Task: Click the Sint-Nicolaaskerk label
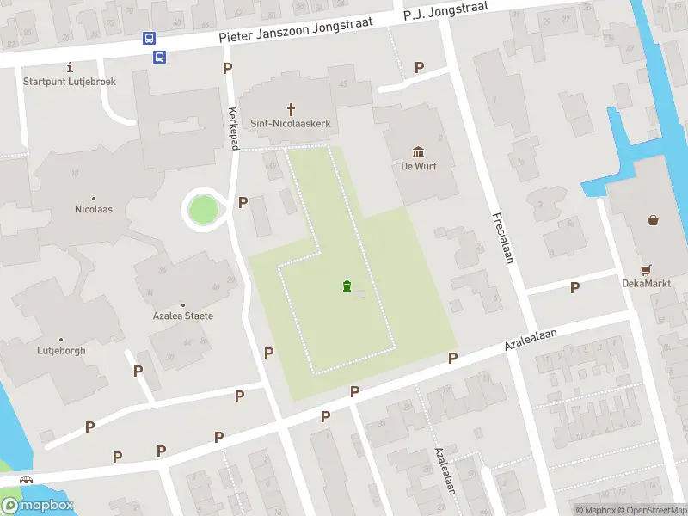pyautogui.click(x=290, y=124)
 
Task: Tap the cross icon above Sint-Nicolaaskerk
pyautogui.click(x=291, y=109)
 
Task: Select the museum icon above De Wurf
pyautogui.click(x=419, y=151)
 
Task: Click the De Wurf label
pyautogui.click(x=419, y=166)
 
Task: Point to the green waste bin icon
pyautogui.click(x=347, y=286)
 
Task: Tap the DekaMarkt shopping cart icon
pyautogui.click(x=646, y=268)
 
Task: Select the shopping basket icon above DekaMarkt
pyautogui.click(x=654, y=219)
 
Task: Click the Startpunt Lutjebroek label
pyautogui.click(x=70, y=82)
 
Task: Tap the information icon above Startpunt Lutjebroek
pyautogui.click(x=71, y=67)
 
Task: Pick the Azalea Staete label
pyautogui.click(x=182, y=316)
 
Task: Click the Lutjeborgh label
pyautogui.click(x=61, y=350)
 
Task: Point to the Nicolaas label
pyautogui.click(x=94, y=209)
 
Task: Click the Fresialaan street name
pyautogui.click(x=503, y=237)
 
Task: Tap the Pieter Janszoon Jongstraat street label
pyautogui.click(x=297, y=30)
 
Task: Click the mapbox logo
pyautogui.click(x=38, y=506)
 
